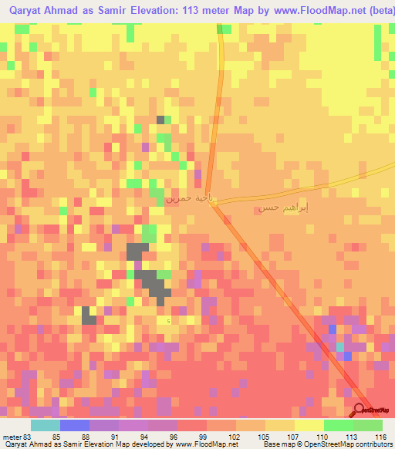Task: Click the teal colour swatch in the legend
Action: point(45,426)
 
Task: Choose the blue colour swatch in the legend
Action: point(74,426)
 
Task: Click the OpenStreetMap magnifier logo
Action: point(360,410)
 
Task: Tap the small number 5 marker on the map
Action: point(169,320)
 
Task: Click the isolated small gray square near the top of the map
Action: point(160,120)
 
